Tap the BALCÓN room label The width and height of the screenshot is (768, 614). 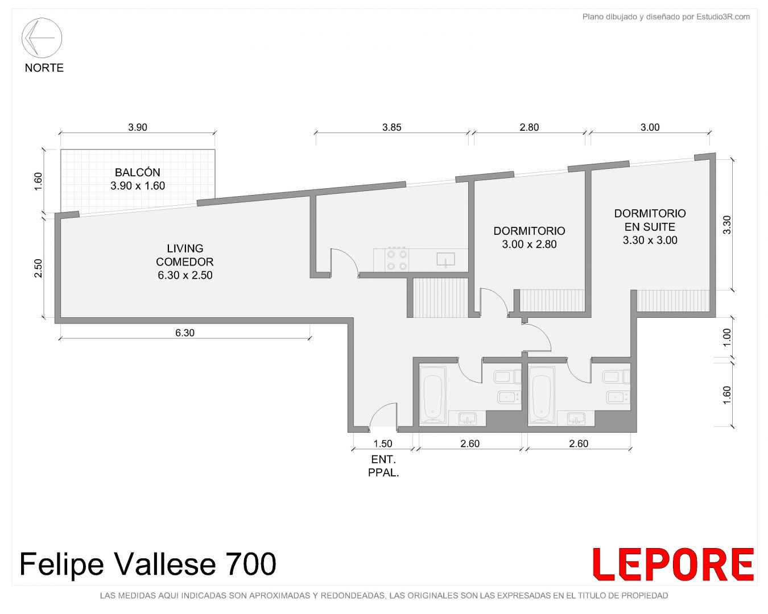click(x=138, y=172)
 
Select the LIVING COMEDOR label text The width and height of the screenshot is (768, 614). click(x=185, y=255)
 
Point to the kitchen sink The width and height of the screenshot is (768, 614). click(x=446, y=260)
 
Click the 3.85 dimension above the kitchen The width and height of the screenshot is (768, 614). click(x=392, y=127)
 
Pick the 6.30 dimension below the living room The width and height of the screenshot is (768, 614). click(x=185, y=333)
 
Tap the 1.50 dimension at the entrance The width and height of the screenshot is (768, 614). click(x=382, y=443)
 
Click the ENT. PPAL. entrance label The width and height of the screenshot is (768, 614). click(x=383, y=466)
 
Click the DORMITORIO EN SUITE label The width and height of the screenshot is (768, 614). click(x=650, y=220)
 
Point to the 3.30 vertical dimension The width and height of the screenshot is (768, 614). click(x=727, y=225)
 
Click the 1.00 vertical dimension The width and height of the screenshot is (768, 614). click(x=727, y=337)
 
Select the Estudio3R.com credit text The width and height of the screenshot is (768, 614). click(x=723, y=16)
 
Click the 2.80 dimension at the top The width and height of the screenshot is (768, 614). click(x=529, y=127)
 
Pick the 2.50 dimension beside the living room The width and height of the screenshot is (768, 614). click(x=38, y=268)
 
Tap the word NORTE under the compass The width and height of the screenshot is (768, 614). click(x=44, y=68)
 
